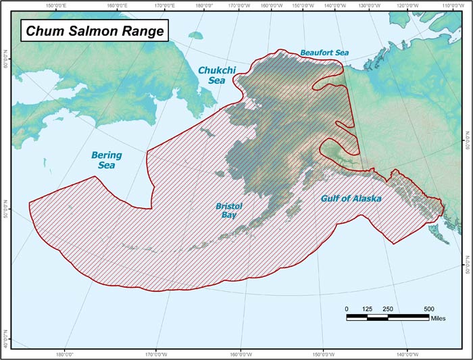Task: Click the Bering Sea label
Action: [x=107, y=159]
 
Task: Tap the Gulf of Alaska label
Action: [x=350, y=199]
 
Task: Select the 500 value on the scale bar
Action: [x=429, y=309]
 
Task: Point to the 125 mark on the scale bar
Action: [x=367, y=309]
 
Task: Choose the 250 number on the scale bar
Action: [x=388, y=309]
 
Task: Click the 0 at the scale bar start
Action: [x=347, y=309]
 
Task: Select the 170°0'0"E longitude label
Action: [x=163, y=5]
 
